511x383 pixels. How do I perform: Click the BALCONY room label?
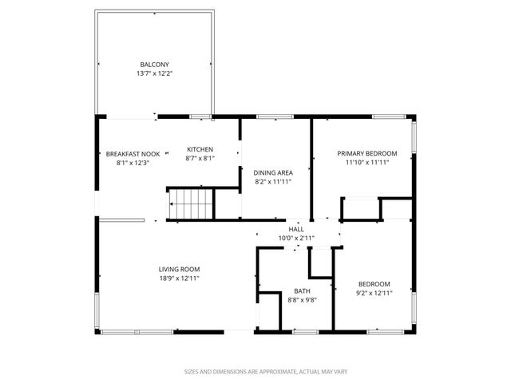tap(155, 65)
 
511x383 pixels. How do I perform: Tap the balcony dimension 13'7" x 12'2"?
tap(155, 73)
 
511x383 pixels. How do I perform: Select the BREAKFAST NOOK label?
tap(133, 154)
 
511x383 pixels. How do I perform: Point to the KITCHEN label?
tap(200, 149)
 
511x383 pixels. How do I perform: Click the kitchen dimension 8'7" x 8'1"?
tap(200, 158)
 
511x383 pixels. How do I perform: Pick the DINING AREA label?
tap(272, 172)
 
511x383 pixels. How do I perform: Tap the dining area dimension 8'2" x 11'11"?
tap(272, 181)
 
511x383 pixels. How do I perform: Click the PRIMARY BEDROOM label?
tap(366, 153)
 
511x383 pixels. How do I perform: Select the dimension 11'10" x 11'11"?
tap(366, 162)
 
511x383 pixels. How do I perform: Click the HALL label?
tap(296, 229)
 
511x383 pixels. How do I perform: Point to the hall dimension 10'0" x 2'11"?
tap(296, 238)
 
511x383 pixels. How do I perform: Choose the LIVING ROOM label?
tap(179, 269)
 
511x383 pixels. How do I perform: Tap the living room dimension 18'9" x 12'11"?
tap(179, 278)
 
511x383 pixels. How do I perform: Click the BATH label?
tap(302, 291)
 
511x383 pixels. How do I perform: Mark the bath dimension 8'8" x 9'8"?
tap(302, 300)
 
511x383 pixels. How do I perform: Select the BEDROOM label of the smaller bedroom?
tap(374, 284)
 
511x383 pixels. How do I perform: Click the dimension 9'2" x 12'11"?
tap(374, 293)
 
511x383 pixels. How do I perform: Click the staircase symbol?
tap(192, 203)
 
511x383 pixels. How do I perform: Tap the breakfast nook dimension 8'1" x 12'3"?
tap(133, 163)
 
